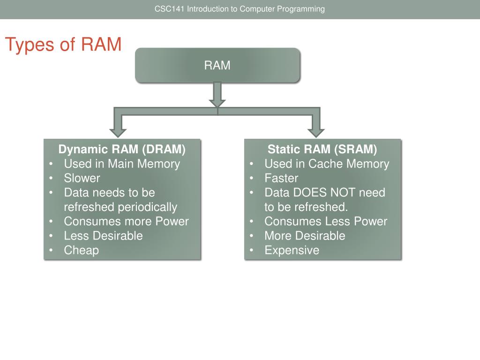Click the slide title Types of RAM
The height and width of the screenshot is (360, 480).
point(63,45)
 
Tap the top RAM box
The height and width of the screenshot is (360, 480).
point(217,66)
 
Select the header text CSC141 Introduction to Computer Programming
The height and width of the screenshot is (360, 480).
point(240,9)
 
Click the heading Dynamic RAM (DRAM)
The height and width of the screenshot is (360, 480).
point(122,150)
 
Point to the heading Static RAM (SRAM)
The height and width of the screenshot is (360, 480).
point(322,150)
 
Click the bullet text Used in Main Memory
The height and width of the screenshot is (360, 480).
point(122,164)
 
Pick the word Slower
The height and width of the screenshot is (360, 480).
point(82,178)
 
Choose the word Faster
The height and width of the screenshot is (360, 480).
point(281,178)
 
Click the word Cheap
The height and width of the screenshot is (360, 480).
point(82,250)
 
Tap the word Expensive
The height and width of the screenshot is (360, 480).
point(292,250)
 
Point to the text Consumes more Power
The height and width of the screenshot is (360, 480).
point(126,221)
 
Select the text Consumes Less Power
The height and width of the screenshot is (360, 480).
point(326,221)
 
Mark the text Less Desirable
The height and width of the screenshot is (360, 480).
point(103,236)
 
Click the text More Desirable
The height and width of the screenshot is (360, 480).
point(305,236)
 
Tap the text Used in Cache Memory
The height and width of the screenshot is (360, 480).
point(327,164)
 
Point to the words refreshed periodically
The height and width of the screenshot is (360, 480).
point(120,207)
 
